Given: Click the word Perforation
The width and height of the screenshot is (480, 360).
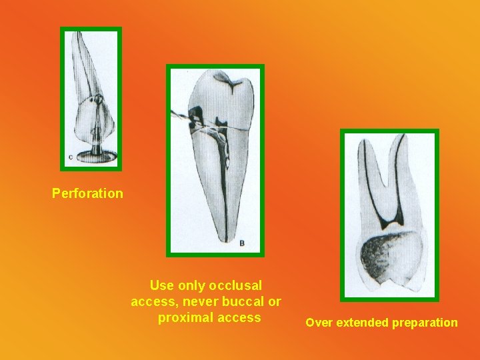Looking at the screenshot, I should click(x=87, y=194).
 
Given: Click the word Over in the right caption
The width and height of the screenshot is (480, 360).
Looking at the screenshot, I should click(x=319, y=323).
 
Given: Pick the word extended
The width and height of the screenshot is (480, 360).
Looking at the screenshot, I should click(x=363, y=323).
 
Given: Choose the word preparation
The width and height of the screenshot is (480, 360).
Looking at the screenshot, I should click(x=427, y=323).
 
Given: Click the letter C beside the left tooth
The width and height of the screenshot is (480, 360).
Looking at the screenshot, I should click(x=71, y=157).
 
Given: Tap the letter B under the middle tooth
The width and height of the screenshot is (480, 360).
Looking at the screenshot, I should click(x=241, y=243).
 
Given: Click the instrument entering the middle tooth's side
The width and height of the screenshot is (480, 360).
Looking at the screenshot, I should click(x=179, y=114).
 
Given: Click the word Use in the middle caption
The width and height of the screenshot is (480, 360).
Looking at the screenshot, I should click(x=161, y=285).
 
